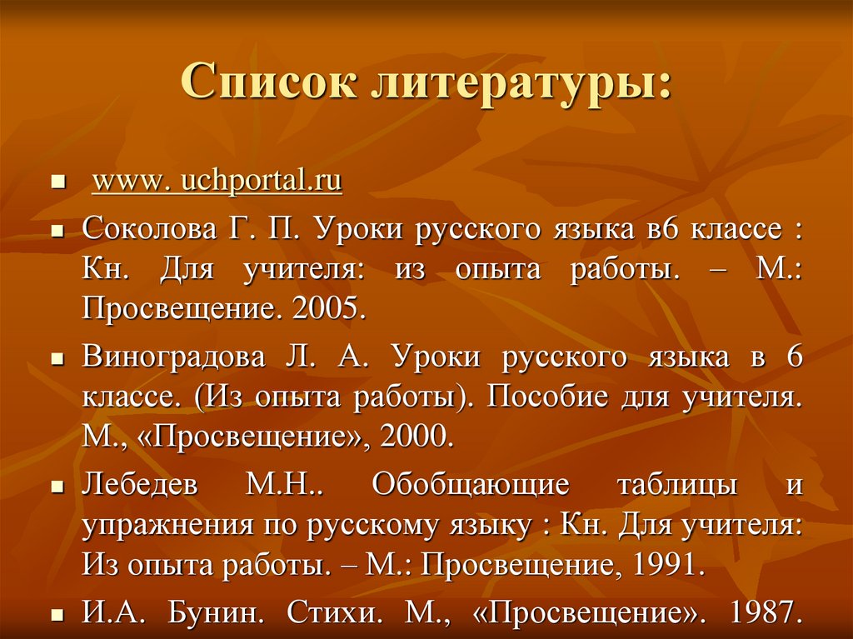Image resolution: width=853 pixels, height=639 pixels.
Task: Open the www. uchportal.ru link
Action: (217, 182)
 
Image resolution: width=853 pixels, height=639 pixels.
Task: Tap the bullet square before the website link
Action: (57, 182)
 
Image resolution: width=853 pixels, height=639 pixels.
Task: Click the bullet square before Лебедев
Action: (57, 487)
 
